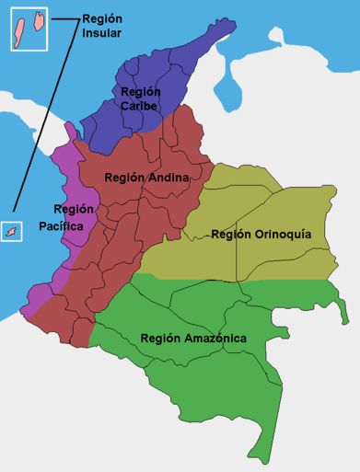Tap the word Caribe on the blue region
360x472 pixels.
point(140,107)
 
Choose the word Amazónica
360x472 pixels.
point(214,339)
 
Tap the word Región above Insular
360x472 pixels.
point(102,18)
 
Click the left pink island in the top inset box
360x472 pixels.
point(17,32)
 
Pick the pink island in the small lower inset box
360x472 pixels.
point(12,232)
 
